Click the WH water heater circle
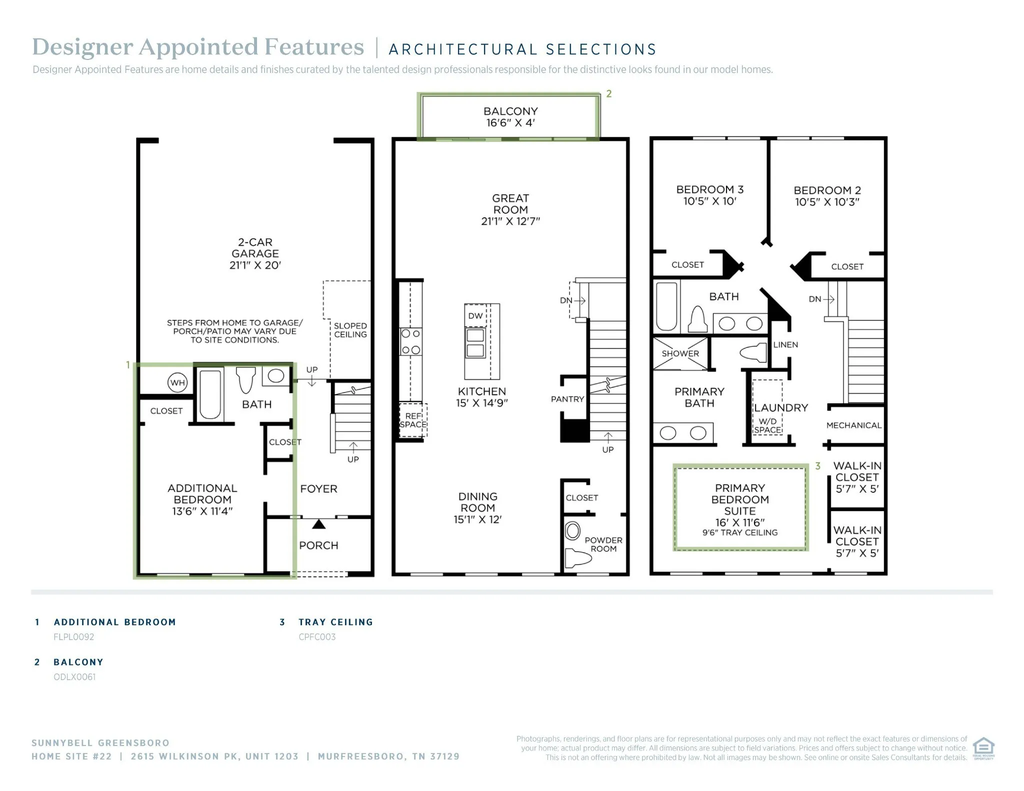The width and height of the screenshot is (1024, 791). [177, 383]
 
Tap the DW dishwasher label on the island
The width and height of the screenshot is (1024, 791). [475, 316]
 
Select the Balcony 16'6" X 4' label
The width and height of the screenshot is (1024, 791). [510, 117]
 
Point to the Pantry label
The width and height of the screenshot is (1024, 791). [567, 399]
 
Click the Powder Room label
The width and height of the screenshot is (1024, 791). [603, 544]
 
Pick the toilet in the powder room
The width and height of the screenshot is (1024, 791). [576, 557]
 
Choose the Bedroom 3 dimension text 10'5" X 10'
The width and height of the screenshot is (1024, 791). [709, 201]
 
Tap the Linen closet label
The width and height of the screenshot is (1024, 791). [785, 345]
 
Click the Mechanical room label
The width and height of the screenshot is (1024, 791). [853, 425]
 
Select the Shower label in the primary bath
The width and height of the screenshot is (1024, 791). [680, 353]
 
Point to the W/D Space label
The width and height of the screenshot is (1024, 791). [767, 426]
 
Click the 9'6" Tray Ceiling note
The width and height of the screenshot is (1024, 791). [739, 533]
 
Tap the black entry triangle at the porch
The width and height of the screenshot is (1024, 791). [318, 525]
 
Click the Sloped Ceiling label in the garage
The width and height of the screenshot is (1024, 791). [350, 330]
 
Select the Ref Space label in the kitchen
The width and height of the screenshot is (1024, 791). [413, 420]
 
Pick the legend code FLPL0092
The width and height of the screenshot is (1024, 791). [74, 637]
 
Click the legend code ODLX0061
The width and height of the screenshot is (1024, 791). [74, 677]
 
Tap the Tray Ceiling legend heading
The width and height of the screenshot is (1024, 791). [335, 622]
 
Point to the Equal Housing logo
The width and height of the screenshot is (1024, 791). [983, 748]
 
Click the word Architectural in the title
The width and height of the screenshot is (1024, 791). [463, 49]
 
